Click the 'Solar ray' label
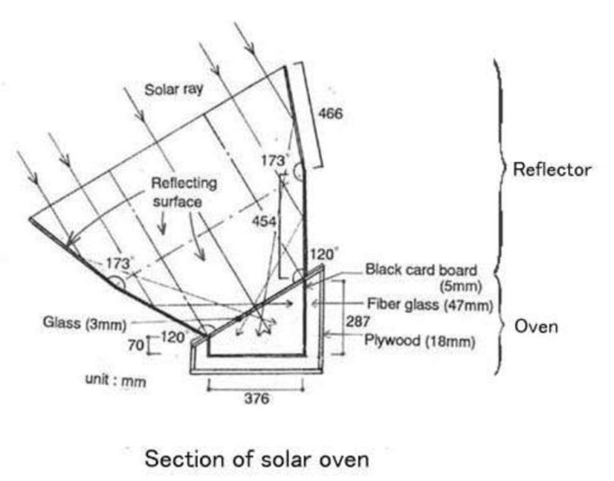(x=173, y=89)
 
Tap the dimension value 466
(x=330, y=114)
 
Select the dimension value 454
(x=265, y=221)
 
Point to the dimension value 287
(x=358, y=321)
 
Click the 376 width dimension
(x=257, y=399)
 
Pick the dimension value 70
(x=136, y=345)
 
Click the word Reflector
(x=552, y=170)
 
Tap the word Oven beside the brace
(x=536, y=327)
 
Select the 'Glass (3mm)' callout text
(x=85, y=324)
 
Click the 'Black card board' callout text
(x=421, y=270)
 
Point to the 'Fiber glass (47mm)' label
(x=429, y=304)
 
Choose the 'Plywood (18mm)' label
(x=420, y=340)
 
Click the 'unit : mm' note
(x=115, y=380)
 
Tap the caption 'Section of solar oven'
(x=257, y=459)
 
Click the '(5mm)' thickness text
(x=460, y=287)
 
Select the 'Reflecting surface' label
(x=184, y=193)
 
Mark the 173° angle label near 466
(x=275, y=161)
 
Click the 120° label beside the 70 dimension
(x=174, y=337)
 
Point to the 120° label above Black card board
(x=324, y=254)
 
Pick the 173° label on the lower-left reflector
(x=119, y=263)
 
